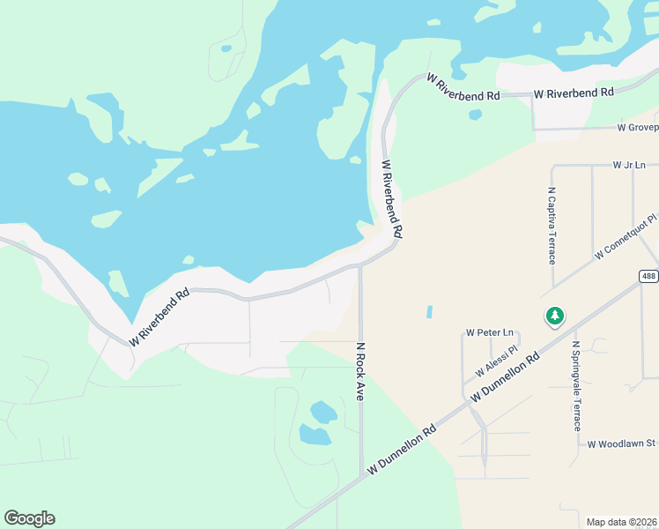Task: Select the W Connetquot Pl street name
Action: (626, 235)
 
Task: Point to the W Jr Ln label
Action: (629, 165)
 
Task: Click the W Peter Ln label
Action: (489, 332)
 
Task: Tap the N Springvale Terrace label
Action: (576, 385)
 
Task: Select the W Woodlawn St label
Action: (622, 443)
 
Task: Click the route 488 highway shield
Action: (648, 276)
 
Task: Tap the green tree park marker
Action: (555, 316)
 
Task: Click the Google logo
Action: (29, 518)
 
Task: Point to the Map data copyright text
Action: (620, 521)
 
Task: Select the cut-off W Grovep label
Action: (638, 128)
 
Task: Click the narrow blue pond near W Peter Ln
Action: (430, 312)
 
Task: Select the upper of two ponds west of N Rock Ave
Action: (323, 411)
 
